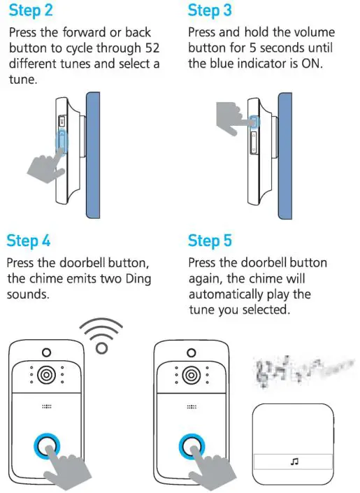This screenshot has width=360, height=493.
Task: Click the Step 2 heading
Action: pyautogui.click(x=31, y=12)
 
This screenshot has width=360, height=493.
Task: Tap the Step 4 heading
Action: pyautogui.click(x=29, y=241)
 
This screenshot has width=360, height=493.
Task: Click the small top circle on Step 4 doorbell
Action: pyautogui.click(x=45, y=352)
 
